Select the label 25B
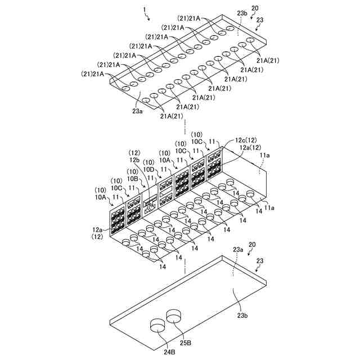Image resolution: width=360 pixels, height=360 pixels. click(186, 342)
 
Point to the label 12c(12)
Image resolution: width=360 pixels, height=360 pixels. click(246, 139)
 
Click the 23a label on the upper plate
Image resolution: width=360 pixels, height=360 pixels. click(137, 111)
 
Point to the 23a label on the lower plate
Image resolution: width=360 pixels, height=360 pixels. click(238, 248)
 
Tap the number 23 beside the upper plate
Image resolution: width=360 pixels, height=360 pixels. click(260, 20)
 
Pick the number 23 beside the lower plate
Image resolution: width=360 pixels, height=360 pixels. click(259, 261)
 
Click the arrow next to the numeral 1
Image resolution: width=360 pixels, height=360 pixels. click(148, 18)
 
